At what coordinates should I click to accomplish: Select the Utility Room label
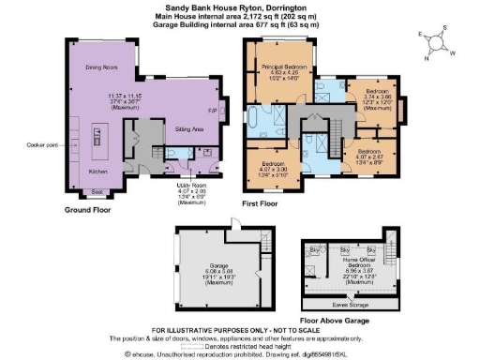click(190, 187)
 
